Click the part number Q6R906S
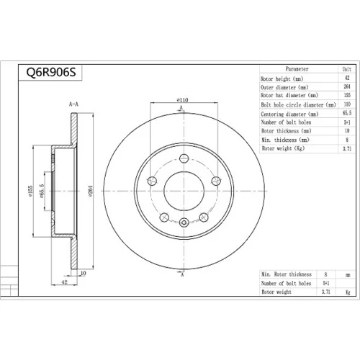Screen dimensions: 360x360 (x=51, y=72)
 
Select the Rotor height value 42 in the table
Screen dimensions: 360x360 (x=347, y=78)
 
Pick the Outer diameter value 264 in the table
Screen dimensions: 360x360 (x=347, y=86)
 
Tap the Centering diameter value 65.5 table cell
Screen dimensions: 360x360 (x=347, y=113)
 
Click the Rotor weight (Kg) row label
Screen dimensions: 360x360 (x=283, y=148)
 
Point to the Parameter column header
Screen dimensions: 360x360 (x=297, y=69)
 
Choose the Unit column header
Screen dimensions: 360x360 (x=347, y=69)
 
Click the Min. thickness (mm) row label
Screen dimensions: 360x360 (x=285, y=140)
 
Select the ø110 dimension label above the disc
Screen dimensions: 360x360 (x=182, y=100)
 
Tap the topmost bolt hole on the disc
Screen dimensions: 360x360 (x=184, y=158)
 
